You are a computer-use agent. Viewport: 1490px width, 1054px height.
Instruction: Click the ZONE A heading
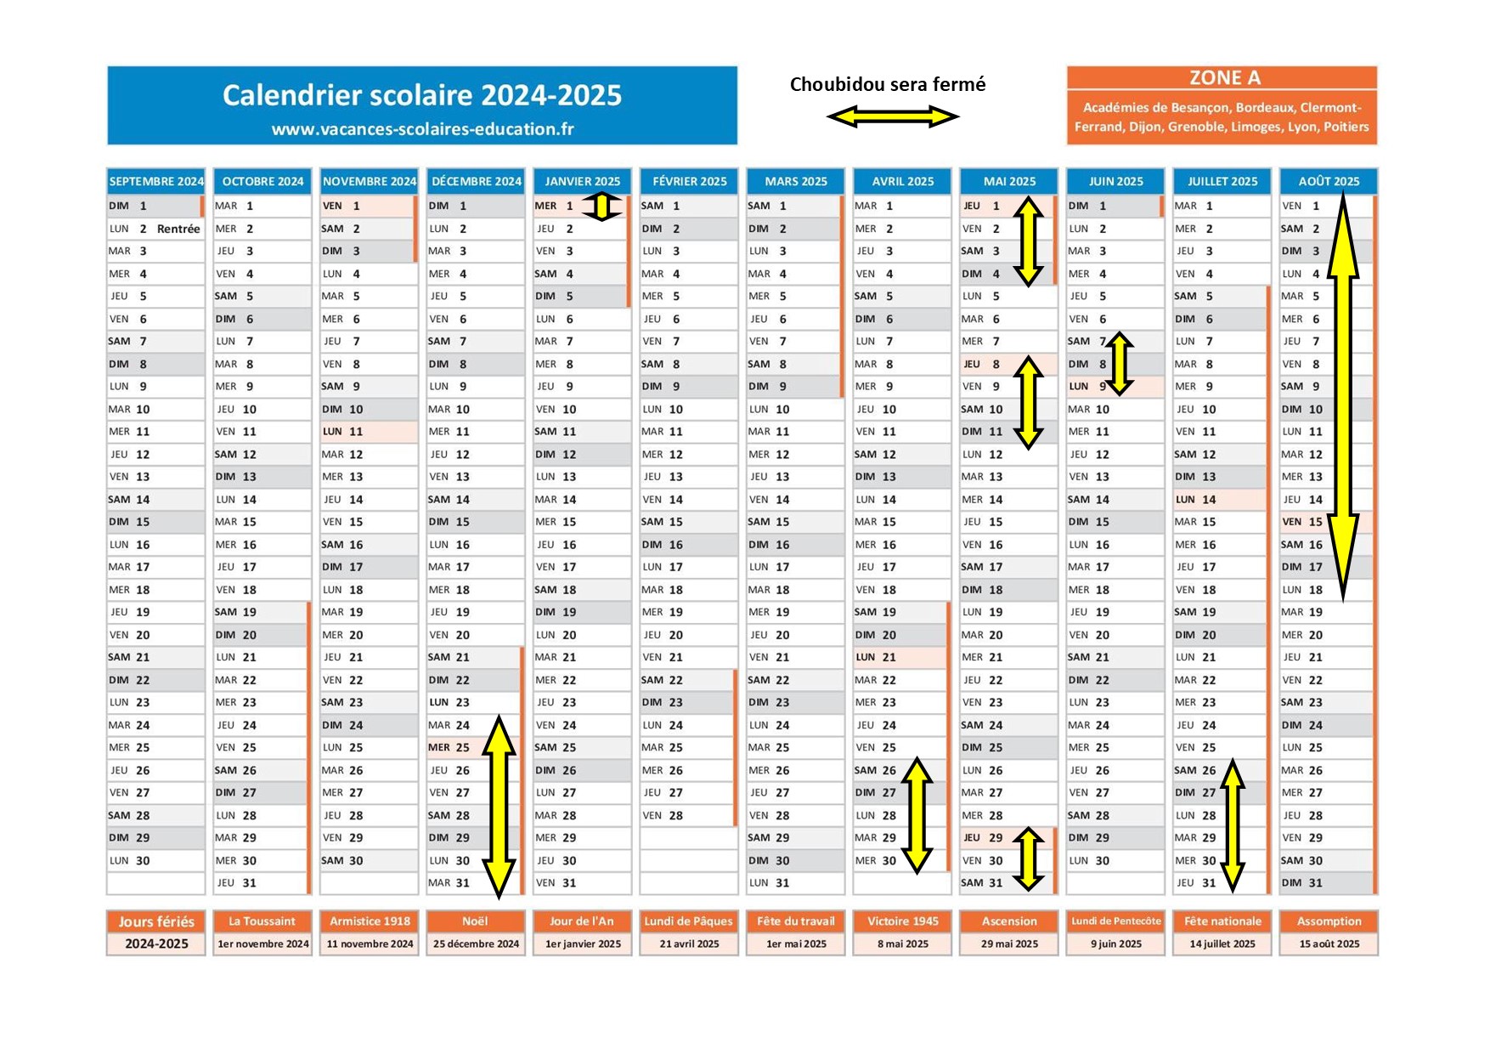(1224, 78)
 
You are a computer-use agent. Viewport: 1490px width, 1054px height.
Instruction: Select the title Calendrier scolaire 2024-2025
(422, 95)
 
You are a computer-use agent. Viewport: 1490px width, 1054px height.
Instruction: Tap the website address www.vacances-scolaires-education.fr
(422, 129)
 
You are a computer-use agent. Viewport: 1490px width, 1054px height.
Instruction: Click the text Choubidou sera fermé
(888, 84)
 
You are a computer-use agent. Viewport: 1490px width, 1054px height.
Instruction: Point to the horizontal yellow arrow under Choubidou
(893, 116)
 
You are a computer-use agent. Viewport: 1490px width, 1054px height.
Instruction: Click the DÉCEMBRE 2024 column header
(477, 181)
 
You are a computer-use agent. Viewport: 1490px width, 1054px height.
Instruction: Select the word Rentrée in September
(178, 229)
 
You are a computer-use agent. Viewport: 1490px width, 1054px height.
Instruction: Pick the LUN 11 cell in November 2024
(369, 432)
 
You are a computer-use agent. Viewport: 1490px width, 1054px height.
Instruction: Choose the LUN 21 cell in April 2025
(901, 657)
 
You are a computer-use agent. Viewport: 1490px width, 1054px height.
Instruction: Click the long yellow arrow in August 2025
(1342, 398)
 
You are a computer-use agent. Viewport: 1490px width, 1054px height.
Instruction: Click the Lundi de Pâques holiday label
(689, 921)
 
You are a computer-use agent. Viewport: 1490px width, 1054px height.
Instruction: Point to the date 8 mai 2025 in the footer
(902, 943)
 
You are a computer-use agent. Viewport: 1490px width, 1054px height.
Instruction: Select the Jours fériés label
(156, 921)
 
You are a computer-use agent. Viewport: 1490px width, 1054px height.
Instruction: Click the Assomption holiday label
(1329, 921)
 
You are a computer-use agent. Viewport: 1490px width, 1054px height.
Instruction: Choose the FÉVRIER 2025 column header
(690, 181)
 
